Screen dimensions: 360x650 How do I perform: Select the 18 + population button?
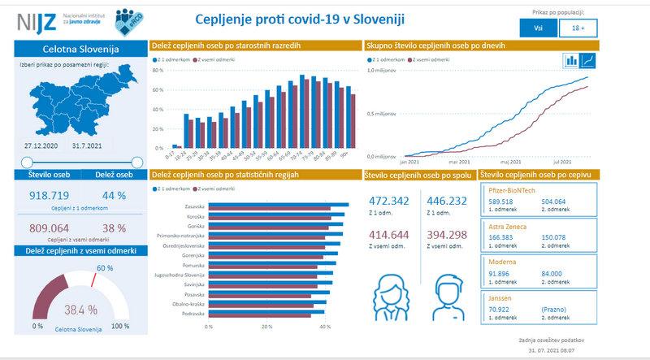click(578, 28)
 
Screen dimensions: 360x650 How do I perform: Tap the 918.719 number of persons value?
click(51, 196)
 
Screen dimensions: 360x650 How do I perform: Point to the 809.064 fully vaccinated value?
click(51, 228)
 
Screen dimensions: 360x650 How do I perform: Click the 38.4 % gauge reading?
click(80, 310)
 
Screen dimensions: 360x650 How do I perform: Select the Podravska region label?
click(193, 313)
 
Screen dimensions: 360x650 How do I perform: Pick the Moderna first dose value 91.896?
click(500, 273)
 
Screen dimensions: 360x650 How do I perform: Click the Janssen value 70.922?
click(500, 310)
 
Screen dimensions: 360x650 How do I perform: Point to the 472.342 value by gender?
click(390, 201)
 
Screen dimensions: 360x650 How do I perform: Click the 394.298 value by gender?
click(447, 234)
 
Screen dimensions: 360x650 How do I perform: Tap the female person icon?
click(389, 290)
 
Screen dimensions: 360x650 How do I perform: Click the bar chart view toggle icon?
click(571, 60)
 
